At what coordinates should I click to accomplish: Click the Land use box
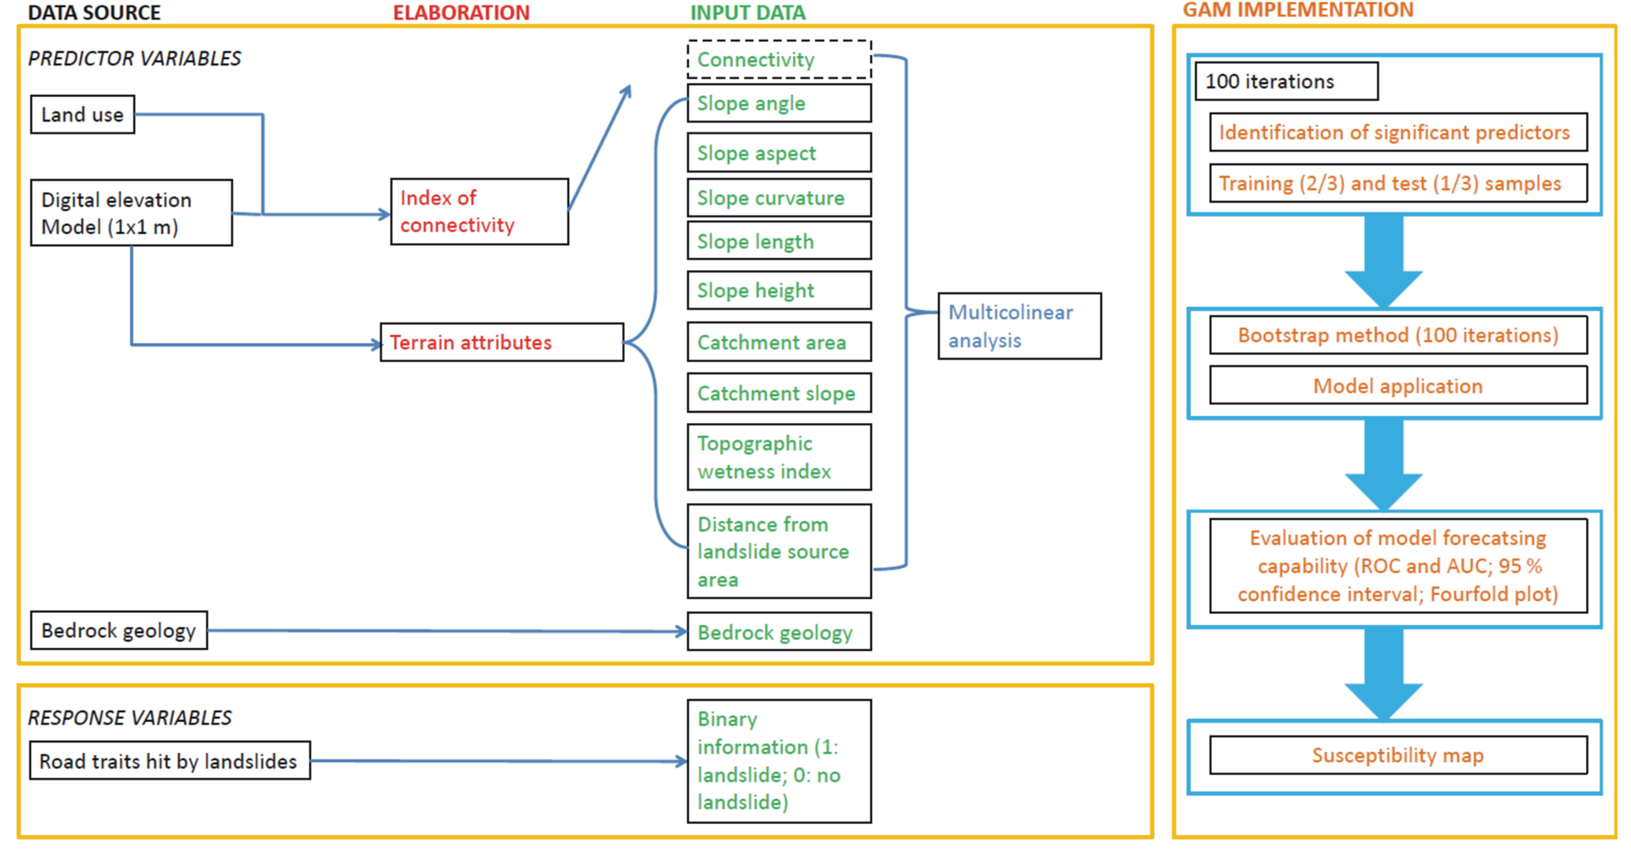tap(82, 114)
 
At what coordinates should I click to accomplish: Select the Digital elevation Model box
tap(131, 213)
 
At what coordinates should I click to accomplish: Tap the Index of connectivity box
tap(479, 211)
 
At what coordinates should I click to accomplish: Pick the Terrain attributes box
tap(501, 342)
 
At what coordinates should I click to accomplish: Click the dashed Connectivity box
tap(779, 60)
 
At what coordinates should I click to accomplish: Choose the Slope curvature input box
tap(779, 198)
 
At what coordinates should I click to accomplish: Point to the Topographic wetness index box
tap(779, 457)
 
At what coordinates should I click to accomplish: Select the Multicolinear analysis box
tap(1019, 327)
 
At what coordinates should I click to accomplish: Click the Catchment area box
tap(779, 342)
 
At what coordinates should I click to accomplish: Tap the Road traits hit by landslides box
tap(170, 761)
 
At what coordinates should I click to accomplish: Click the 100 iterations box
tap(1286, 81)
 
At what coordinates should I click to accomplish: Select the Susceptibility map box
tap(1397, 755)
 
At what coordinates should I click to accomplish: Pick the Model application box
tap(1397, 386)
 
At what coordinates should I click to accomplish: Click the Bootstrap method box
tap(1397, 335)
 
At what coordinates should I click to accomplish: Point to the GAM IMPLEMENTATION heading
tap(1298, 10)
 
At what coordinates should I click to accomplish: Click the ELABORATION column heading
tap(462, 13)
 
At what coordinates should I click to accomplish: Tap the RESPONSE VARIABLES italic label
tap(130, 717)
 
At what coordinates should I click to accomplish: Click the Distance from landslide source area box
tap(779, 552)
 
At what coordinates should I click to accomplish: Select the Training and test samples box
tap(1397, 184)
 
